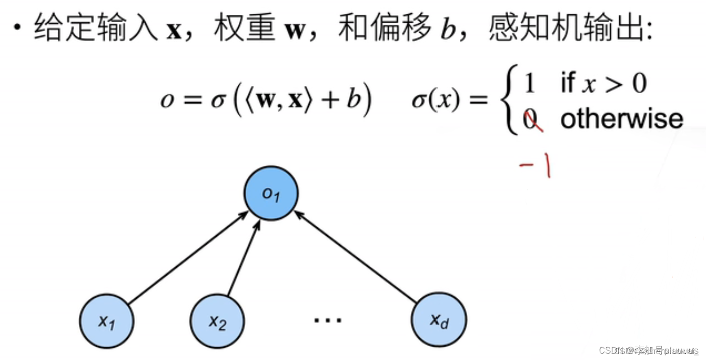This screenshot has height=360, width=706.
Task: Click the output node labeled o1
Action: coord(271,193)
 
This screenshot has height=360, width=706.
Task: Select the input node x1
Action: coord(107,321)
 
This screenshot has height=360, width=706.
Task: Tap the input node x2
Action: coord(218,321)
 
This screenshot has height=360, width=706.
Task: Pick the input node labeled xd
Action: coord(439,321)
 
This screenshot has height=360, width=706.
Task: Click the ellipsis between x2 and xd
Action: coord(328,321)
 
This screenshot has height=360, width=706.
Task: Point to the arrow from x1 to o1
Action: coord(187,256)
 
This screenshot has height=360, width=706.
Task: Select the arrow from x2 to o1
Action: coord(243,257)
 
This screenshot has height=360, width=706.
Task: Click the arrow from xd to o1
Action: coord(355,256)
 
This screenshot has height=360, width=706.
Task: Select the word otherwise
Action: coord(622,119)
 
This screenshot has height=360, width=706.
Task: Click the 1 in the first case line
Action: coord(529,84)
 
